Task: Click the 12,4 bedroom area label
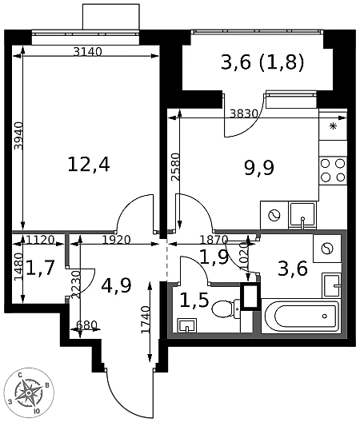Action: pos(89,165)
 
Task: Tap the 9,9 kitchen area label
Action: pos(259,168)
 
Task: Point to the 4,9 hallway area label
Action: pos(117,285)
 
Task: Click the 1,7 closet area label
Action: pos(41,268)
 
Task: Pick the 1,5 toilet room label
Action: pos(194,301)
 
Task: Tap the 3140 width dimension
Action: pos(88,52)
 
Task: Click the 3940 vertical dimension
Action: pos(19,136)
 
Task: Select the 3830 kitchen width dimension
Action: pos(244,114)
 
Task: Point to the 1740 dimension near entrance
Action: pos(146,320)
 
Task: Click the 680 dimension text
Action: pos(86,325)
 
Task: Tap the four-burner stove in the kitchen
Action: pos(333,170)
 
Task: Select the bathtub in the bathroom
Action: pos(302,316)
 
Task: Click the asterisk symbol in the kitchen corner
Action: pos(334,126)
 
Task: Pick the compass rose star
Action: pos(29,393)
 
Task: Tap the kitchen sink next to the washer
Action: pos(302,216)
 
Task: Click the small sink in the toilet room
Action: pos(187,325)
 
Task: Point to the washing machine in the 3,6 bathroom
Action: pos(327,249)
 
